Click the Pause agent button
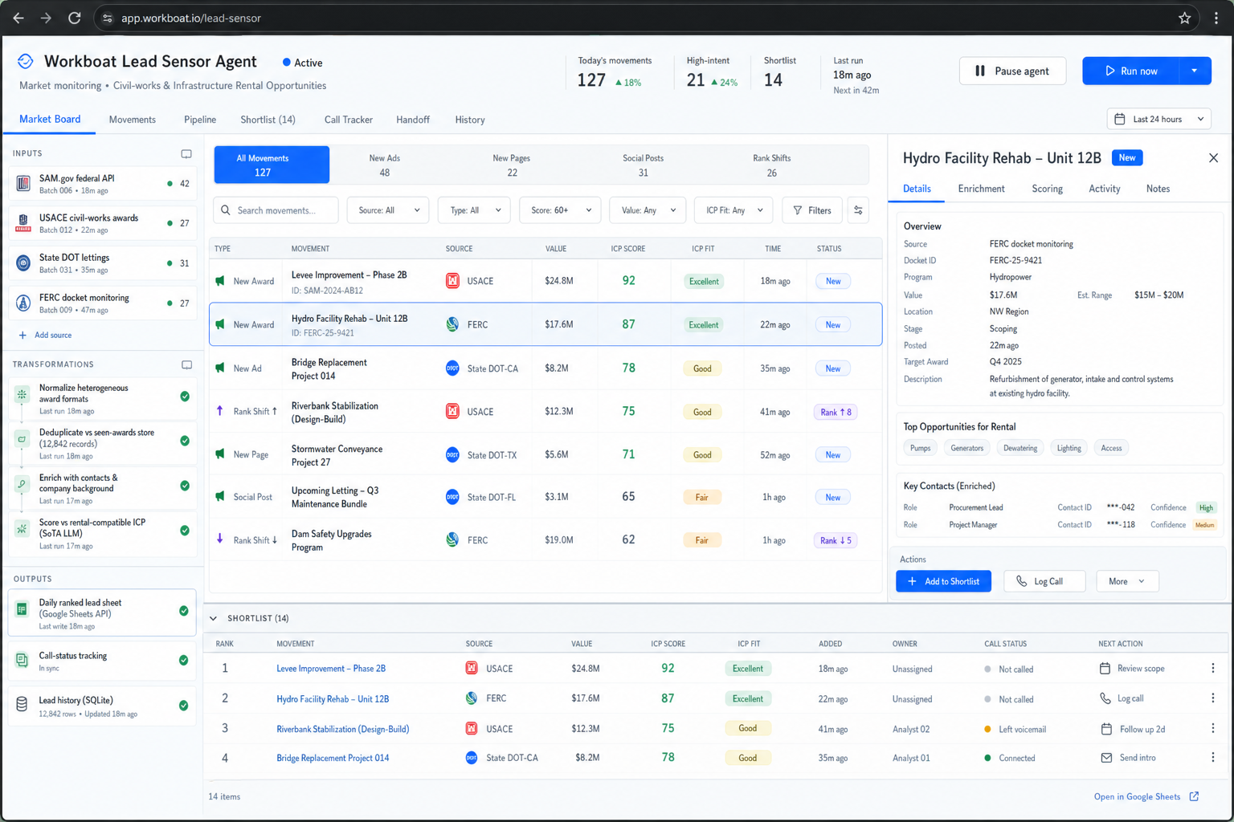(x=1012, y=71)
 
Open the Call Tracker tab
(x=348, y=120)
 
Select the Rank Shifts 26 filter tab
(x=771, y=165)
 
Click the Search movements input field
(x=276, y=210)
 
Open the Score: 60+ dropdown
(x=560, y=210)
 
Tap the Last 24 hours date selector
(x=1158, y=119)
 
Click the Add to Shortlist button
(x=943, y=581)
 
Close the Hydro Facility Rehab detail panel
(x=1213, y=158)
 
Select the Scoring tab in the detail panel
(x=1047, y=189)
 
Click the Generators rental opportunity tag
(x=966, y=448)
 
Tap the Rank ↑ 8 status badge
(x=836, y=412)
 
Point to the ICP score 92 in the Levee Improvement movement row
(x=628, y=281)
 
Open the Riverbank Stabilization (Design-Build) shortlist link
(x=343, y=729)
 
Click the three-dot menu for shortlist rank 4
(x=1212, y=758)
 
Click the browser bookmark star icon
(x=1184, y=18)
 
